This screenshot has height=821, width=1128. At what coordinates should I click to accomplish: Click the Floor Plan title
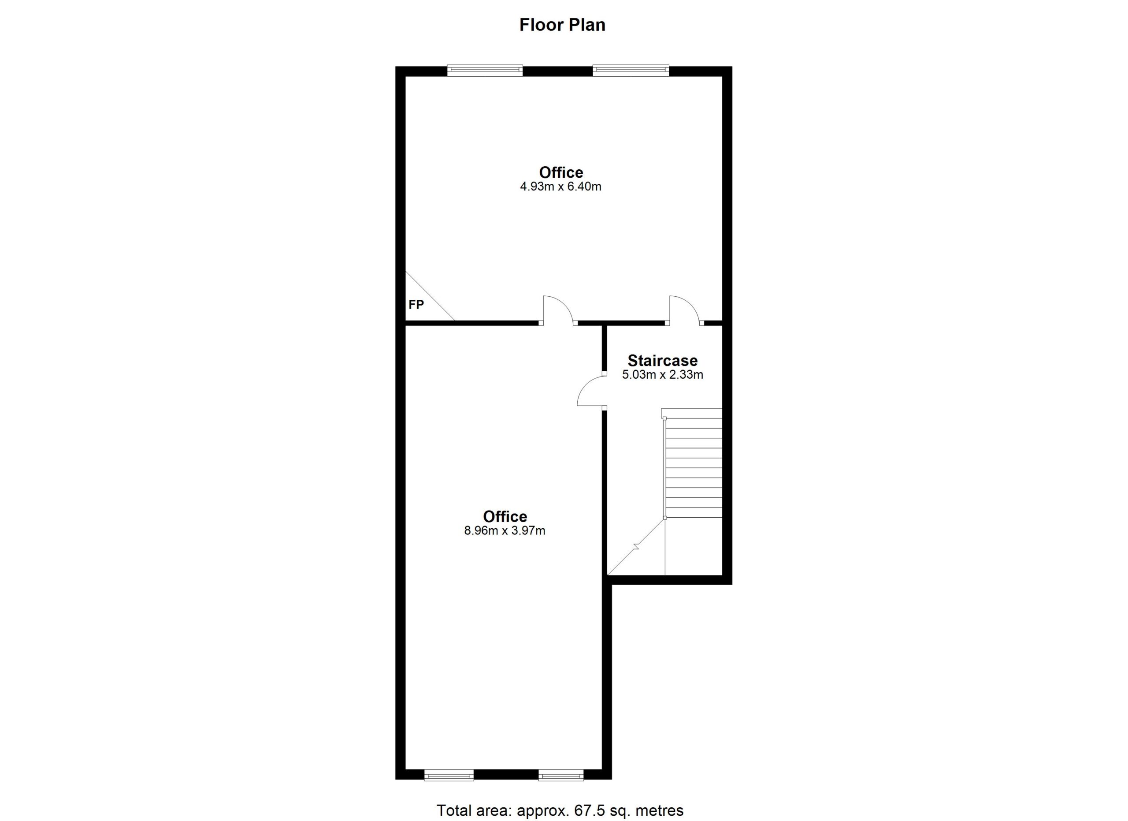point(563,25)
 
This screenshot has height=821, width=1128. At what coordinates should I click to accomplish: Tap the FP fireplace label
point(416,305)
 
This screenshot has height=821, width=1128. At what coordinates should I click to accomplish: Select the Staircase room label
point(662,360)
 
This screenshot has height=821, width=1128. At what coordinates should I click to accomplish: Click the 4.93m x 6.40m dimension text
point(560,187)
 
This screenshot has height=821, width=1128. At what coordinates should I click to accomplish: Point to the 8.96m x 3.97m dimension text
point(505,531)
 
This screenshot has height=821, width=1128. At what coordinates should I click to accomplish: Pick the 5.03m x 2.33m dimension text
point(662,375)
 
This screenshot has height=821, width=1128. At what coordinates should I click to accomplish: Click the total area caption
point(560,810)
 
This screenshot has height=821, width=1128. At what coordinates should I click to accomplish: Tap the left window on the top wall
point(485,71)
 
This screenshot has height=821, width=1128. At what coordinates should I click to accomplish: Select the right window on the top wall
point(631,71)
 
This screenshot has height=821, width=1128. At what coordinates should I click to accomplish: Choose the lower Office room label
point(505,516)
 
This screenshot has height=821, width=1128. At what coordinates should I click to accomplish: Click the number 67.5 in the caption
point(587,810)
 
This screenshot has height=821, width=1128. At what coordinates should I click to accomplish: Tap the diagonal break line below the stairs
point(636,547)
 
